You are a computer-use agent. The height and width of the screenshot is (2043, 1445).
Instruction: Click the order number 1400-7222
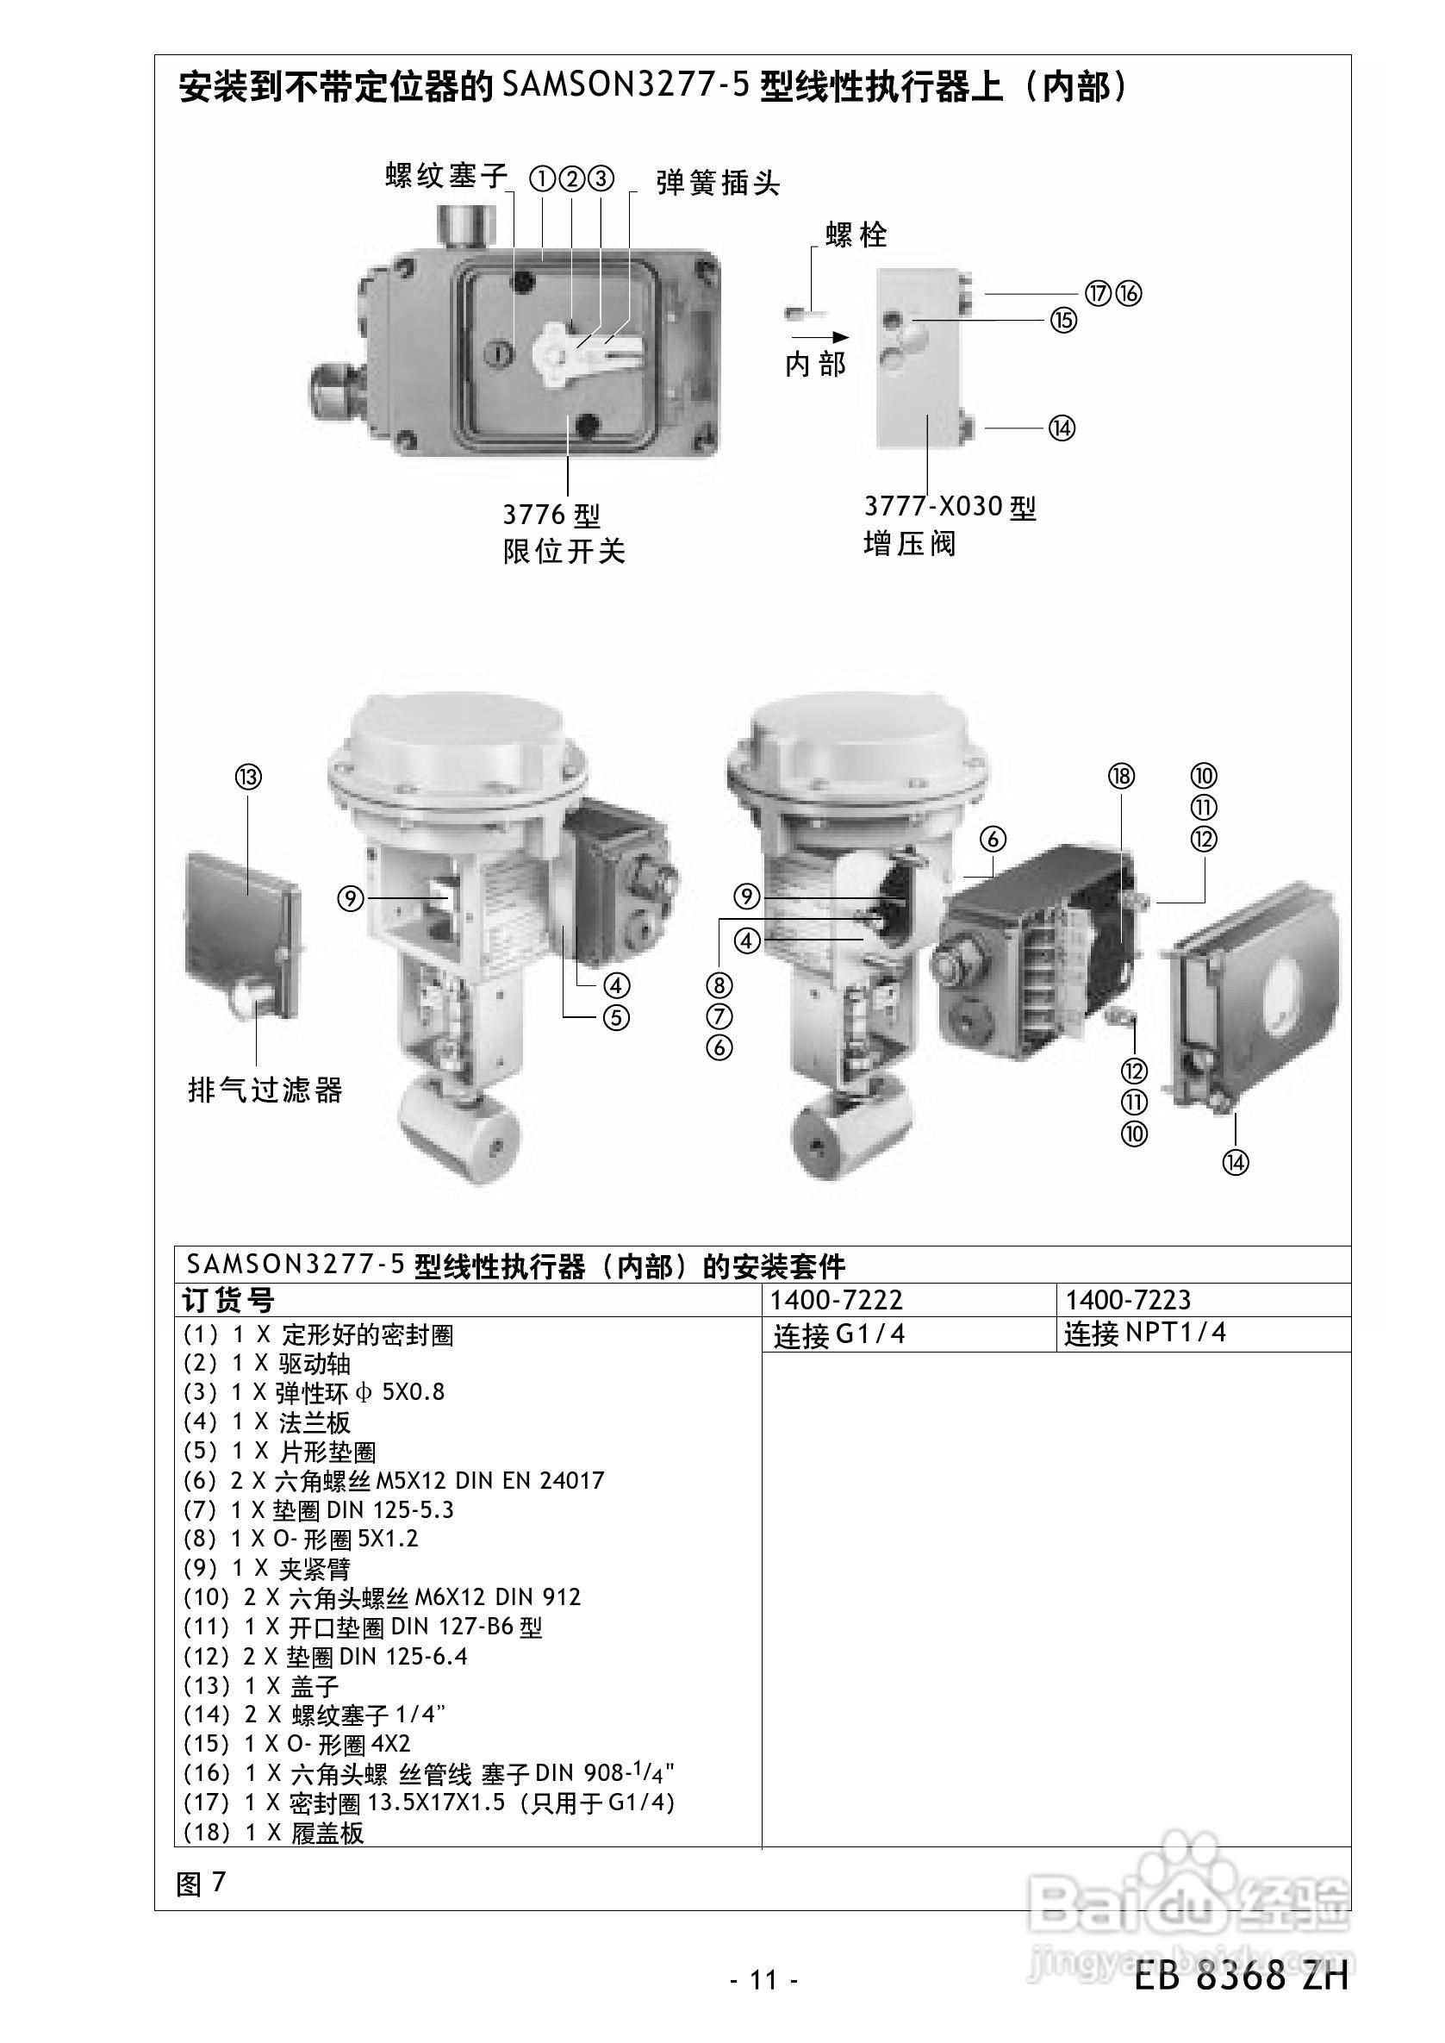coord(837,1301)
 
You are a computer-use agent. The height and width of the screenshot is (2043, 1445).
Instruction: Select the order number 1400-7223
coord(1128,1301)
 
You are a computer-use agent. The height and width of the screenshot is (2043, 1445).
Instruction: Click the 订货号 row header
coord(228,1301)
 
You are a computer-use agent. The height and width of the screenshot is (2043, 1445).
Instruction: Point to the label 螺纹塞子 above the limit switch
coord(445,175)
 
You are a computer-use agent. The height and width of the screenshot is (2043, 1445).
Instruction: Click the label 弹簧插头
coord(718,184)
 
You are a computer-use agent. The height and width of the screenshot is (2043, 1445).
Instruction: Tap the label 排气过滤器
coord(265,1090)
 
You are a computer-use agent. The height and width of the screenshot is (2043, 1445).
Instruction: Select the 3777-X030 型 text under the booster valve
coord(950,508)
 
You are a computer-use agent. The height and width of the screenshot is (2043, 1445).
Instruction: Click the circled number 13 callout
coord(248,778)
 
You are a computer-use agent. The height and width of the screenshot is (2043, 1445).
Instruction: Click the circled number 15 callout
coord(1063,320)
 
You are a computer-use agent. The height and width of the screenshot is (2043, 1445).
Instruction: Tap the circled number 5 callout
coord(616,1016)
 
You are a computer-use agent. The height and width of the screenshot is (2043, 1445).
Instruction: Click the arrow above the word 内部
coord(819,337)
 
